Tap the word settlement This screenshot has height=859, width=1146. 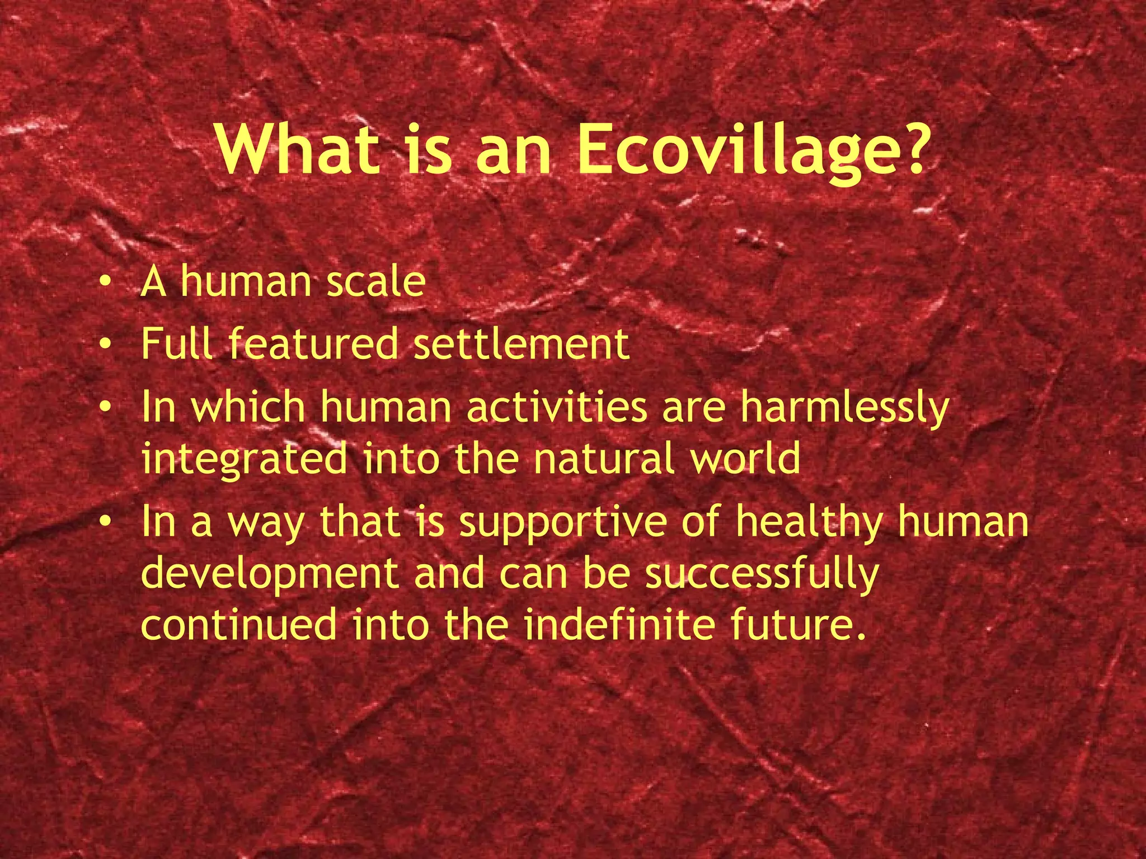coord(522,343)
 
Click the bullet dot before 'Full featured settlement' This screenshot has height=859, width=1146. coord(104,344)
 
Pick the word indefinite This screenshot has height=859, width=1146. coord(619,625)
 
